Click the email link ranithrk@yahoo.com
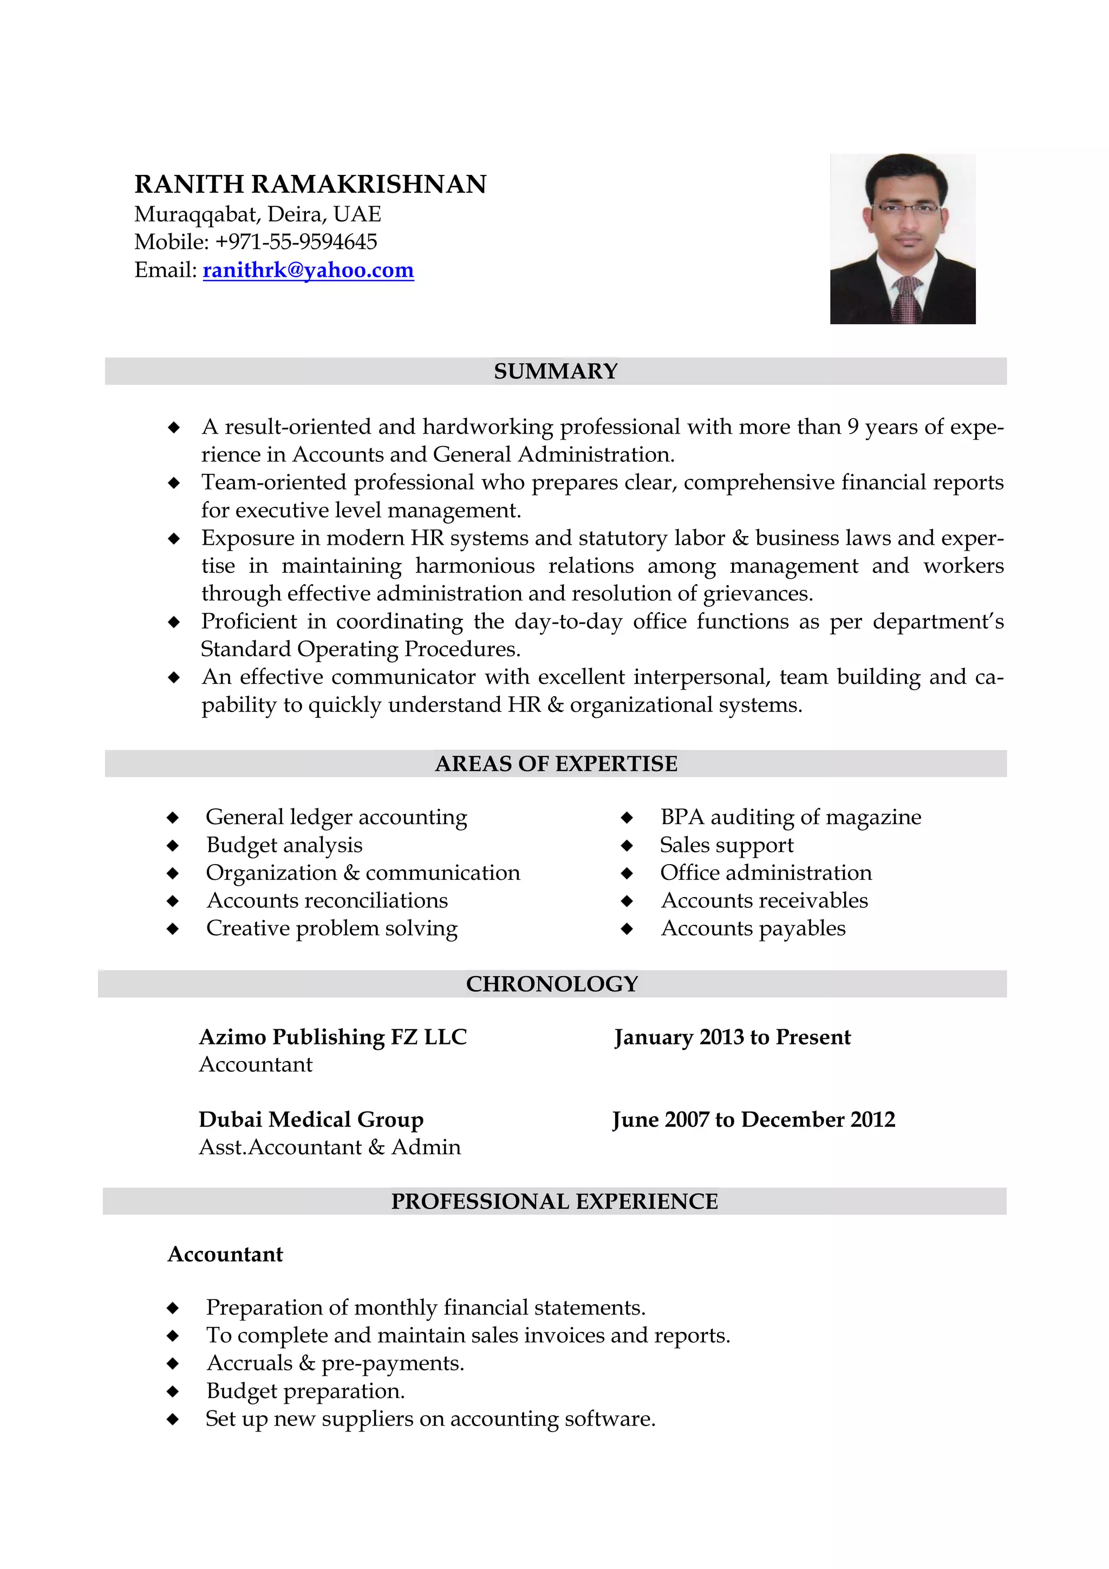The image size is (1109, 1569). [308, 271]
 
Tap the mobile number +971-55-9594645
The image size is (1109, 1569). [296, 242]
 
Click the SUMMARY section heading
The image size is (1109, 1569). [555, 371]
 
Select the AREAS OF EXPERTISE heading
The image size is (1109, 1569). [556, 763]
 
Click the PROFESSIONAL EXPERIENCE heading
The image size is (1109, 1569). [554, 1201]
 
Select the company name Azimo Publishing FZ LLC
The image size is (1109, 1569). [333, 1037]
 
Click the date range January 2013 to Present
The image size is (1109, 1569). [732, 1037]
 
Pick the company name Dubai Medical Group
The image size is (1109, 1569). [311, 1119]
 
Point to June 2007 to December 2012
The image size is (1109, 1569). [753, 1119]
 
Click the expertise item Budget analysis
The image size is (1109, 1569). [284, 845]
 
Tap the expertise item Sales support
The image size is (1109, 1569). [726, 845]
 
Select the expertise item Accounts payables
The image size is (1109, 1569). [753, 928]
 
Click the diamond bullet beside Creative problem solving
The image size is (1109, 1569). [173, 929]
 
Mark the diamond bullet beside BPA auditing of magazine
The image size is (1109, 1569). [627, 818]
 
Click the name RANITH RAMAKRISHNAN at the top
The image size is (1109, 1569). [310, 185]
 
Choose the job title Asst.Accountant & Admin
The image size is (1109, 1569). [329, 1147]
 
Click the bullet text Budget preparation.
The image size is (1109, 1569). [305, 1391]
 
